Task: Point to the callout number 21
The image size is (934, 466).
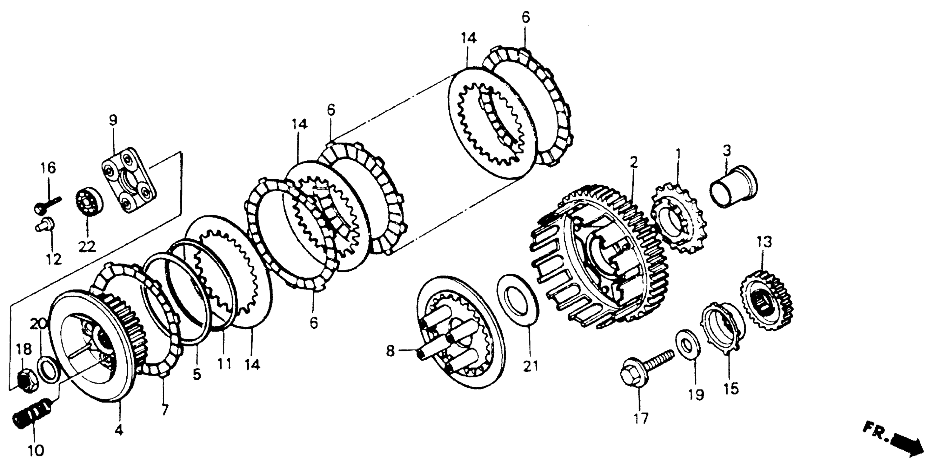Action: (x=531, y=366)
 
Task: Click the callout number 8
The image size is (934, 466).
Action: (x=390, y=351)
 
